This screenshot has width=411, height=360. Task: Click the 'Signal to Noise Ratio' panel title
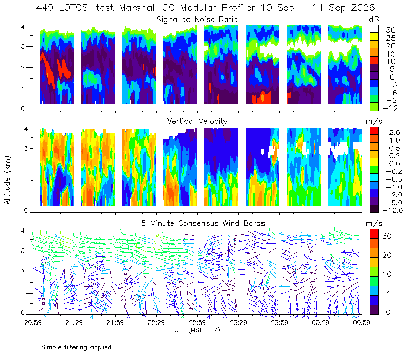197,20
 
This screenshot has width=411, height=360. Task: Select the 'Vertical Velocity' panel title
197,121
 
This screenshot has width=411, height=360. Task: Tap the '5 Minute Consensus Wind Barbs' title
203,223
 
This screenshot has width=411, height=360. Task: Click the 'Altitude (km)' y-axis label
7,180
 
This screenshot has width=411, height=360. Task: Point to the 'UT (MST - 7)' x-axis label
197,330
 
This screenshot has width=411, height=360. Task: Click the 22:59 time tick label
197,322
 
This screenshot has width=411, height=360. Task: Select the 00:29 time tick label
321,322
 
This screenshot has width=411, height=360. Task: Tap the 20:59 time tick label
33,322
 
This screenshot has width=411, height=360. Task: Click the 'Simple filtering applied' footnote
76,347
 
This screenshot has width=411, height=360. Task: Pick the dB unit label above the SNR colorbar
374,20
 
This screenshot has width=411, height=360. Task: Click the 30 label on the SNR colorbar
390,30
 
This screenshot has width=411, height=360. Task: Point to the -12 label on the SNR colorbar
390,108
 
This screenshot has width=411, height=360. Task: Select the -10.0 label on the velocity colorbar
393,210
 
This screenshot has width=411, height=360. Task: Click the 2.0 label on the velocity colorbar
395,133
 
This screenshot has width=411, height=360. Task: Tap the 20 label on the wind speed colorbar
387,255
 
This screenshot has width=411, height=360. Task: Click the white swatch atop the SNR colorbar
374,29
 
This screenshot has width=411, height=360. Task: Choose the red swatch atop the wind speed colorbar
374,234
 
